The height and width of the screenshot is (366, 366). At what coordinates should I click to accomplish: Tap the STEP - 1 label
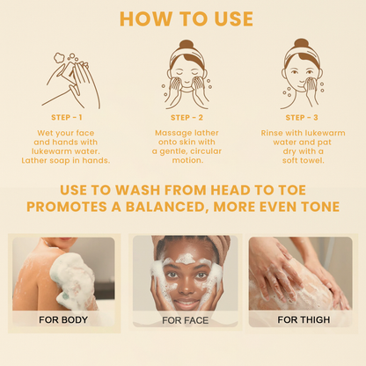(x=68, y=116)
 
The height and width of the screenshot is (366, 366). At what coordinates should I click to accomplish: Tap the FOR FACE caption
(x=185, y=320)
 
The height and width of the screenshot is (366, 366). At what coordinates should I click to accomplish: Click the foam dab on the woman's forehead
(x=187, y=259)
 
